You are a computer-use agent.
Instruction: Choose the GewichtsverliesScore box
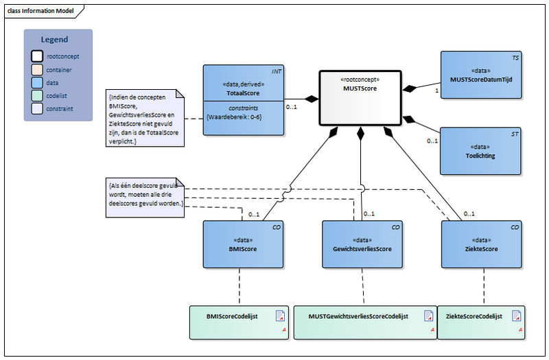[362, 244]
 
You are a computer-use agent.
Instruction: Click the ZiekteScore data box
[481, 244]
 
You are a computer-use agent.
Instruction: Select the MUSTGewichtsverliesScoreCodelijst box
[364, 322]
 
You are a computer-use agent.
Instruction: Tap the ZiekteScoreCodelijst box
[480, 322]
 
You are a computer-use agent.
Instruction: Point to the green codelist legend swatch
[36, 95]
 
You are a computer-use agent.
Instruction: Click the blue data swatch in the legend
[36, 82]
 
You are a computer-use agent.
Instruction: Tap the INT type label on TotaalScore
[277, 71]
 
